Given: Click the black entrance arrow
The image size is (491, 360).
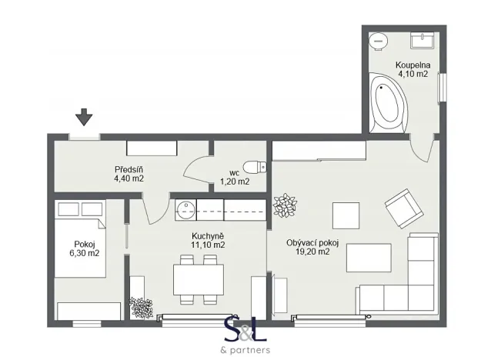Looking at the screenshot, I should click(84, 116).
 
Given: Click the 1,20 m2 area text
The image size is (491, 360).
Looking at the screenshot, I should click(235, 182).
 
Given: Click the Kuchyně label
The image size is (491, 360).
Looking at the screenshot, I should click(208, 235).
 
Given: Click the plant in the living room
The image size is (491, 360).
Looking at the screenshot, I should click(285, 205).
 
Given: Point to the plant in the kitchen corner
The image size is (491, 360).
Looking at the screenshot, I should click(142, 308).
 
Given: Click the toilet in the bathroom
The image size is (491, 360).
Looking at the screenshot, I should click(379, 39).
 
